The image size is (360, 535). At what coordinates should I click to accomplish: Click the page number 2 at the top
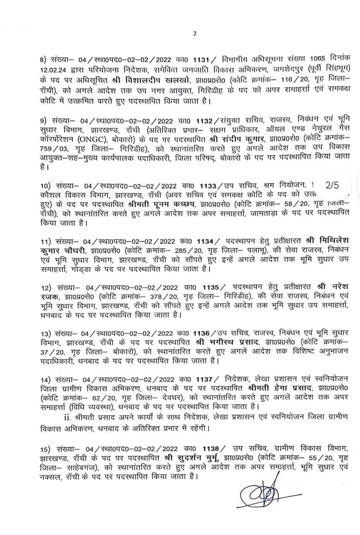195,33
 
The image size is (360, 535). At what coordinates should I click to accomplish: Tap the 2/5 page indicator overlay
332,185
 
